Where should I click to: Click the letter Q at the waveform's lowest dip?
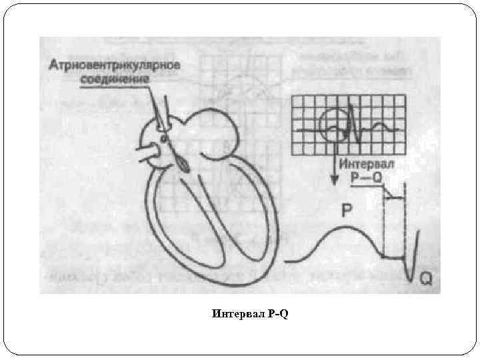point(425,280)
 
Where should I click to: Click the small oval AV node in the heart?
point(163,139)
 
